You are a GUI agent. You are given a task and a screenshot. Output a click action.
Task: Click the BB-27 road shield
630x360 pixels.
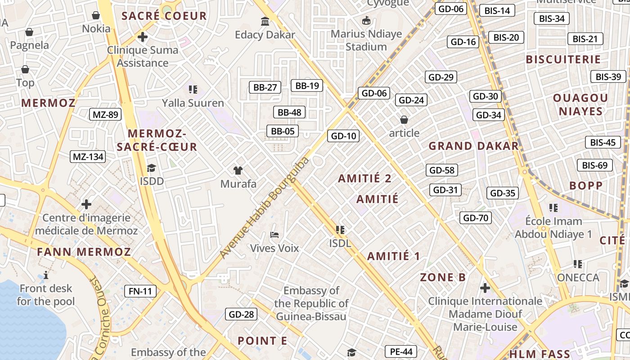point(265,87)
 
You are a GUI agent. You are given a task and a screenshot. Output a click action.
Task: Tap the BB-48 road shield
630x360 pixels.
point(289,112)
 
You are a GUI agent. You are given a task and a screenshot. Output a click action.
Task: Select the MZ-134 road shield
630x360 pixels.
point(88,157)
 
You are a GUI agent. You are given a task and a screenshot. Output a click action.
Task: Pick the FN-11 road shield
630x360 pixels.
point(140,291)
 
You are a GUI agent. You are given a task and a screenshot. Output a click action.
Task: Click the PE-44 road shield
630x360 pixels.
point(401,351)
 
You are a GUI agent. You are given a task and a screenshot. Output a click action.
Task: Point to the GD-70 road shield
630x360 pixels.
point(476,218)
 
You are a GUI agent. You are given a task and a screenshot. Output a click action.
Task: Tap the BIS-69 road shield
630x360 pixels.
point(594,165)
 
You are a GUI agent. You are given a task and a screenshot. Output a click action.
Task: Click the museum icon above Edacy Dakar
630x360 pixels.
point(265,21)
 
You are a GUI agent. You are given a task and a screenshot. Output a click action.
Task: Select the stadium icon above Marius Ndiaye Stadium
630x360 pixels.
point(366,20)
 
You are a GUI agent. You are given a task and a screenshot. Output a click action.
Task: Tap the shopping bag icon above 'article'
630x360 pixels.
point(404,120)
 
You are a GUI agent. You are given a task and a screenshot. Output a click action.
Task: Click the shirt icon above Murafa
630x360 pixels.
point(238,170)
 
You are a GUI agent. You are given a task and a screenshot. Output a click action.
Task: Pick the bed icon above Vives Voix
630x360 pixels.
point(274,234)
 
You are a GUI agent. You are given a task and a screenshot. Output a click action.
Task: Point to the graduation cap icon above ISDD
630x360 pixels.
point(151,168)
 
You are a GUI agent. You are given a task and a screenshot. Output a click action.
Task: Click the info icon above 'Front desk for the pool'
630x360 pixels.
point(46,275)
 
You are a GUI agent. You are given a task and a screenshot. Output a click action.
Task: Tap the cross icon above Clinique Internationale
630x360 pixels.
point(485,288)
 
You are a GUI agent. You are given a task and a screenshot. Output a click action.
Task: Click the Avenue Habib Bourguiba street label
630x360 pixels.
point(265,207)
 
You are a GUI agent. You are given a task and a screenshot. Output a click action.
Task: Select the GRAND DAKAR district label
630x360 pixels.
point(473,146)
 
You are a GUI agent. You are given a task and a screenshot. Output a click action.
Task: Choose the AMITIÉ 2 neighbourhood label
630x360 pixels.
point(364,178)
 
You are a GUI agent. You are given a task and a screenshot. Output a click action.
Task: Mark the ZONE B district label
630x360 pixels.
point(443,277)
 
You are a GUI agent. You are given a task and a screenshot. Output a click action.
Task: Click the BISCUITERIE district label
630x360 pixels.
point(563,59)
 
